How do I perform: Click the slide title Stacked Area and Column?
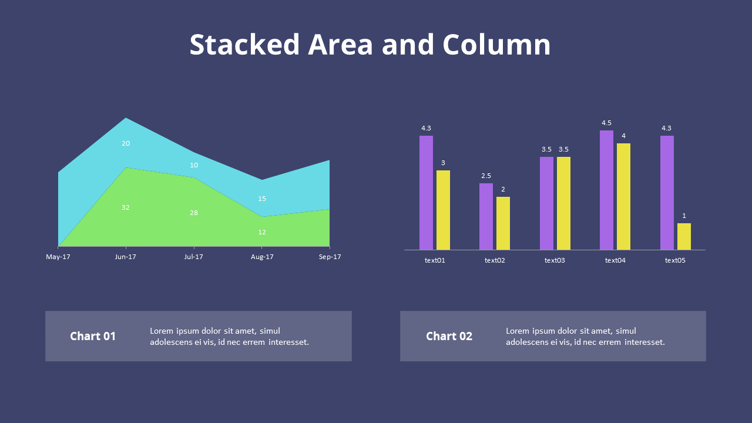[x=370, y=45]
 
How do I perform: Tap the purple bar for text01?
[x=426, y=193]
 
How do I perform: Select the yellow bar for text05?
[x=684, y=236]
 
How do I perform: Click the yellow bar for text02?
[x=503, y=223]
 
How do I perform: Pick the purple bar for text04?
[x=606, y=190]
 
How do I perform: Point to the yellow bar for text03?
[x=563, y=203]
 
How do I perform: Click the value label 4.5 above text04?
[x=606, y=123]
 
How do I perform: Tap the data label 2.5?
[x=486, y=176]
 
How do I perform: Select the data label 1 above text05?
[x=684, y=216]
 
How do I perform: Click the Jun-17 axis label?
[x=126, y=257]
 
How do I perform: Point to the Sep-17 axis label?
[x=330, y=257]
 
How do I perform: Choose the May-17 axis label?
[x=58, y=257]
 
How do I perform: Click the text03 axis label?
[x=555, y=260]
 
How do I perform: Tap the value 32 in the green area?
[x=126, y=207]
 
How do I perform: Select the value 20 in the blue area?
[x=126, y=143]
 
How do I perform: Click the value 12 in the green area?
[x=262, y=232]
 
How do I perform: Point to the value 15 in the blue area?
[x=262, y=199]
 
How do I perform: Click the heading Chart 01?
[x=93, y=336]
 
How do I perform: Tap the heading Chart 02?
[x=449, y=336]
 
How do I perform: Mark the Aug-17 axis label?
[x=262, y=257]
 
